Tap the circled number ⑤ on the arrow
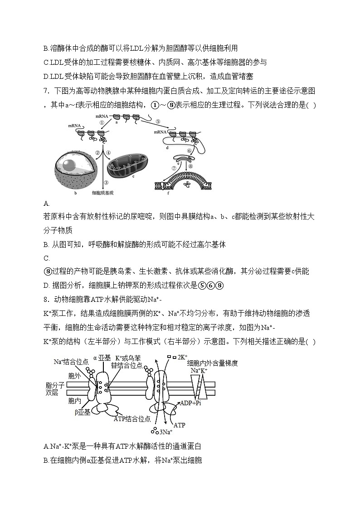tap(157, 121)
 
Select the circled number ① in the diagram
tap(102, 122)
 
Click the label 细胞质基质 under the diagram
tap(102, 193)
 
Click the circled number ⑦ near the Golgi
tap(174, 168)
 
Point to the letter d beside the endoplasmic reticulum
tap(167, 147)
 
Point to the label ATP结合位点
tap(132, 419)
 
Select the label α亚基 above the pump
tap(102, 358)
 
